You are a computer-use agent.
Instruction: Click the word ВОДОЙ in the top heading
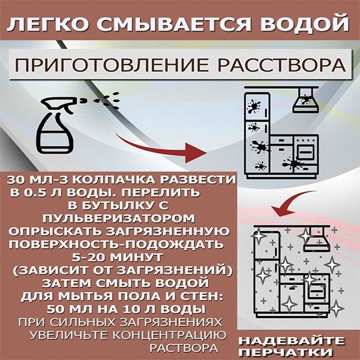(305, 23)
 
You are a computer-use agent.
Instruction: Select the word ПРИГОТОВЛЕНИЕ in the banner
(112, 65)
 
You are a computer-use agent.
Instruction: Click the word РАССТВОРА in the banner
(282, 65)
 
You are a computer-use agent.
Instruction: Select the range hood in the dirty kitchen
(305, 101)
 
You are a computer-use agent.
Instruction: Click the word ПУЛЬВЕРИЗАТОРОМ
(119, 219)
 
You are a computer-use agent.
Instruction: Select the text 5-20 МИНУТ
(118, 257)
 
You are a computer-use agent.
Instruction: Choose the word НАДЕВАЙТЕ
(292, 340)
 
